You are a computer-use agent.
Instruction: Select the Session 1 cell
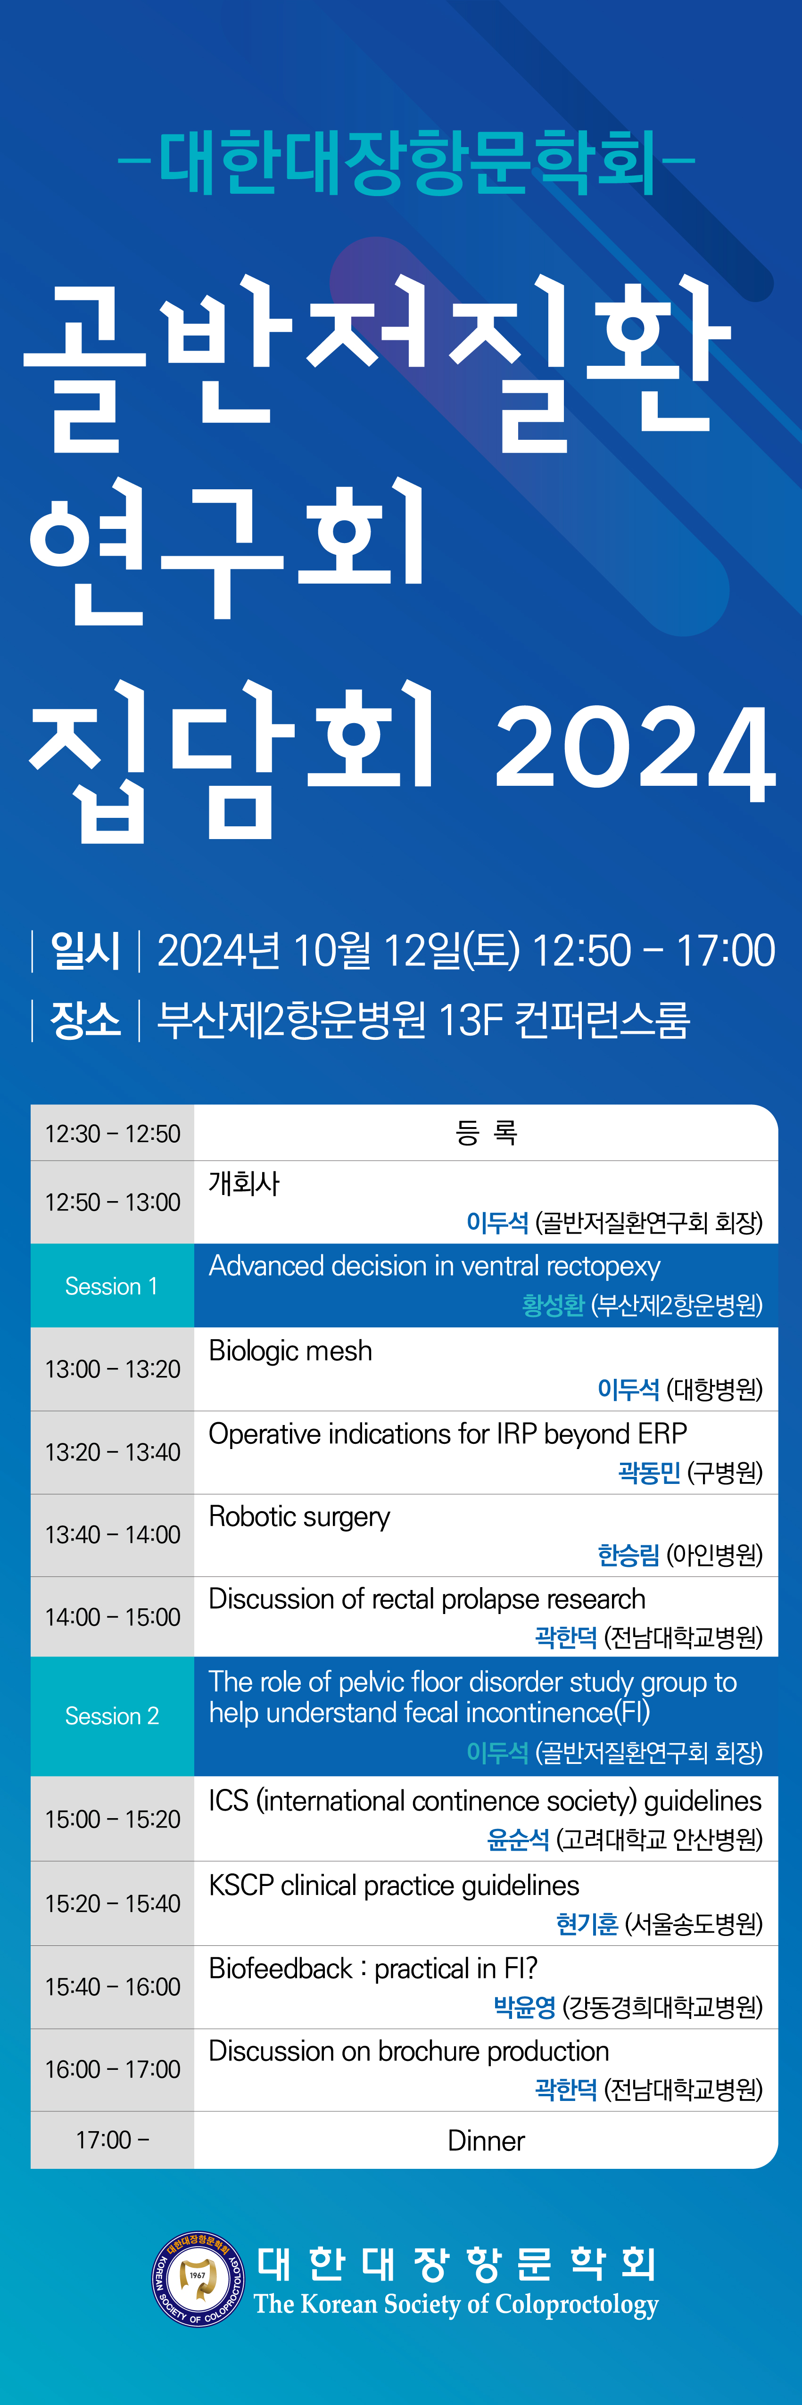112,1285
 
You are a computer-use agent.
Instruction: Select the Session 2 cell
112,1716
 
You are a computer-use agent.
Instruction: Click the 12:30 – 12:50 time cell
112,1133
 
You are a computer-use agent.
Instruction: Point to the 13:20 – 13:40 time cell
112,1452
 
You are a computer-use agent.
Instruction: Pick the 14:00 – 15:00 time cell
112,1617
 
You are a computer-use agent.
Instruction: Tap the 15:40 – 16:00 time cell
112,1987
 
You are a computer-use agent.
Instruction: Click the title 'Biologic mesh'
290,1351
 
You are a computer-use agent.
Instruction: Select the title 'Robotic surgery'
299,1517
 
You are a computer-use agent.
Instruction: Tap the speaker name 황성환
553,1305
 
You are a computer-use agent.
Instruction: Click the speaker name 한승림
628,1555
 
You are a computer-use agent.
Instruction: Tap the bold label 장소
85,1020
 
